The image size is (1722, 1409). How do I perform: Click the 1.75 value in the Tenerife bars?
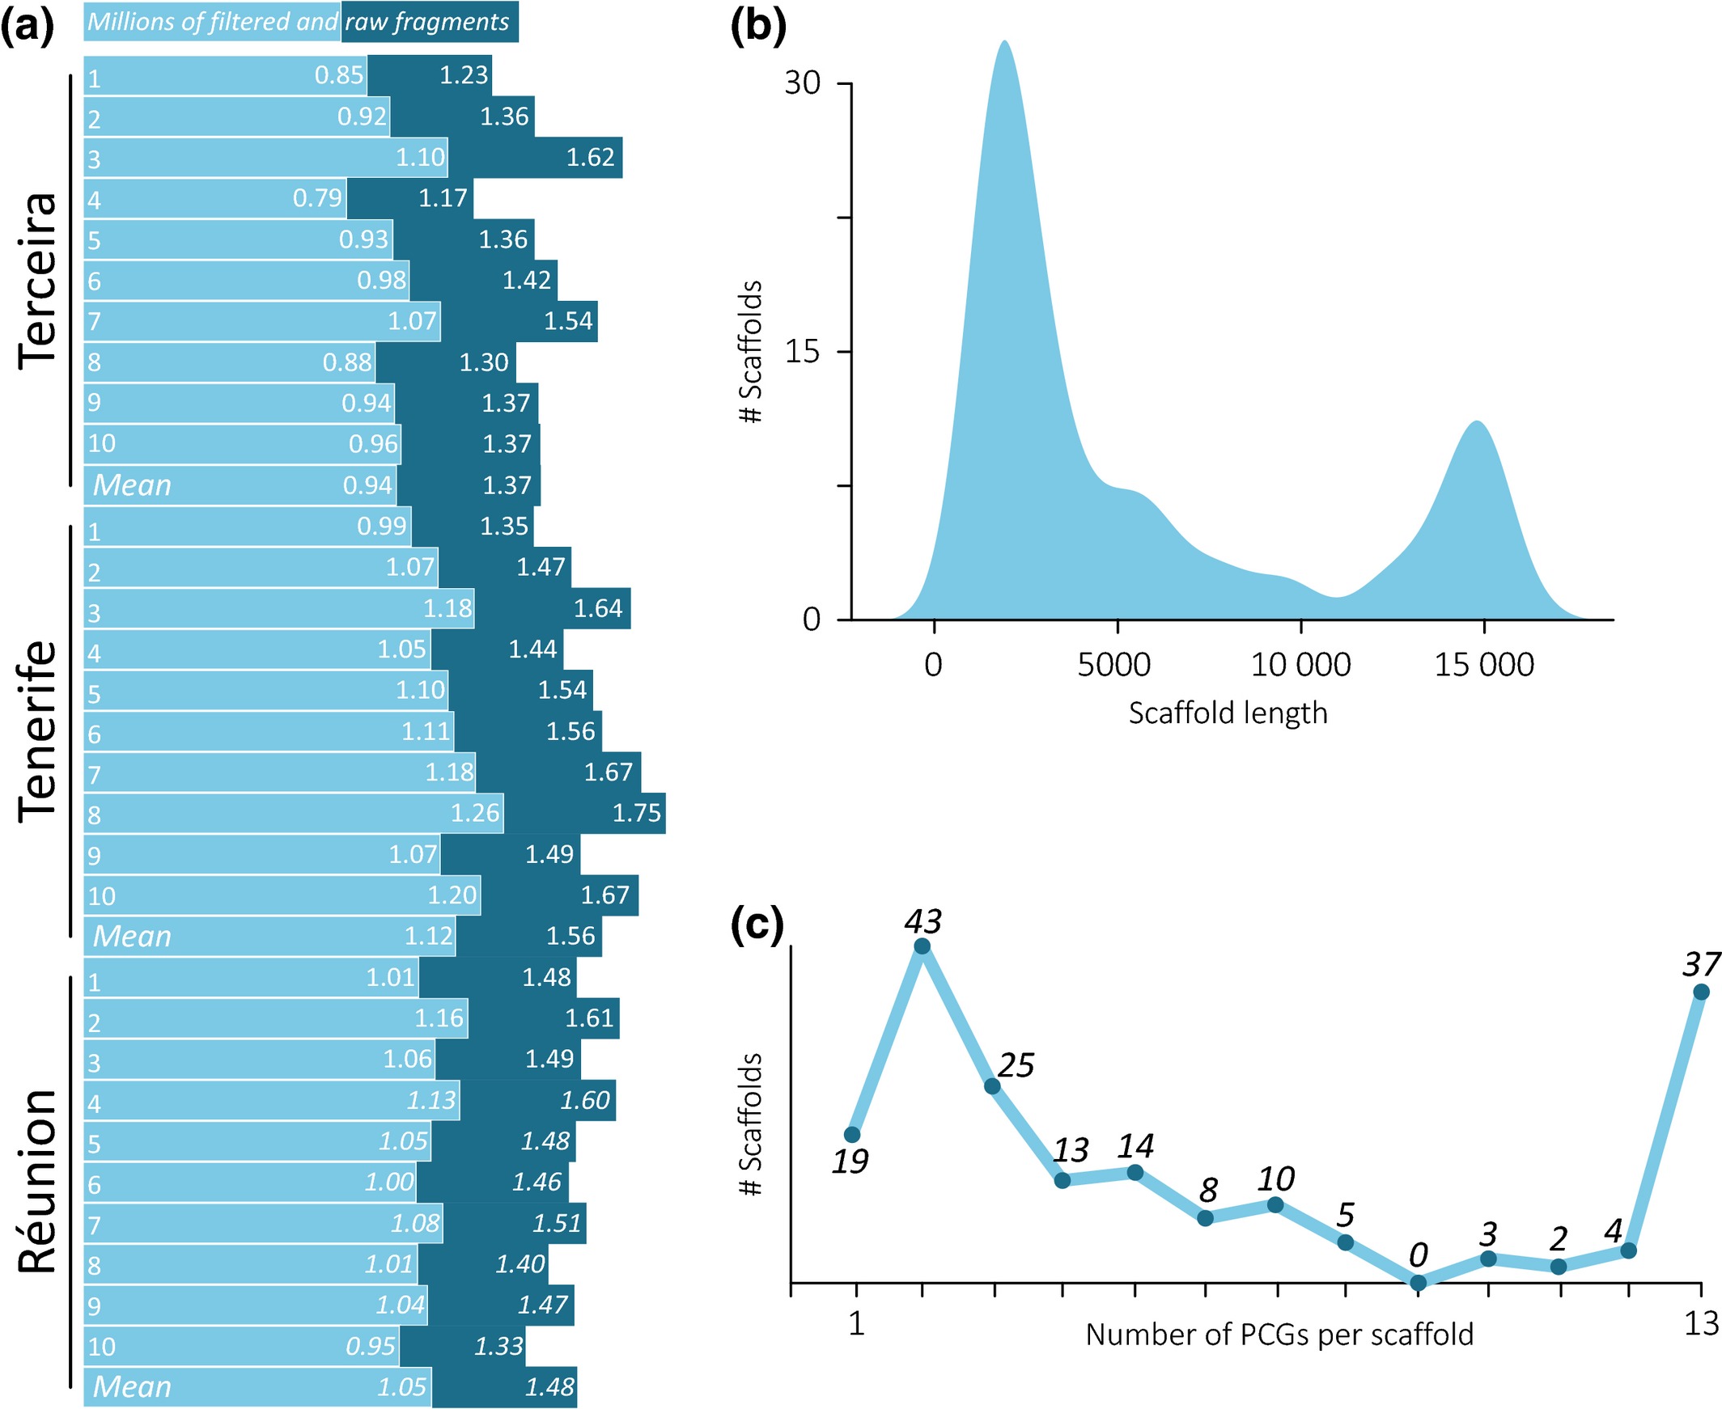pos(637,812)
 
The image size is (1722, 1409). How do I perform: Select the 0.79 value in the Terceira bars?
pos(317,197)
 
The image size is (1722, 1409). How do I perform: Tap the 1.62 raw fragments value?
pos(590,157)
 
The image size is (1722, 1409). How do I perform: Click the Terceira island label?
pos(38,281)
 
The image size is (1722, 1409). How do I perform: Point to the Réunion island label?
pos(38,1181)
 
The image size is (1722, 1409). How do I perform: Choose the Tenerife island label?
pos(38,731)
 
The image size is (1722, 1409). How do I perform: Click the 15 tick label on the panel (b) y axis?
pos(803,351)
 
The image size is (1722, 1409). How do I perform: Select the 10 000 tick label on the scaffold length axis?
pos(1300,665)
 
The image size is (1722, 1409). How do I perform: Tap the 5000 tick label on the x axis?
pos(1115,665)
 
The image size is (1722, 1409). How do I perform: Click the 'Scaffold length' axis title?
pos(1228,713)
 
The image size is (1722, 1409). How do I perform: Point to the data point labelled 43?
pos(922,946)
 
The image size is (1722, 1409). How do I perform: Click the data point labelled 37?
pos(1701,992)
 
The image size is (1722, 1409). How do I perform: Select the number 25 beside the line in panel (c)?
pos(1016,1066)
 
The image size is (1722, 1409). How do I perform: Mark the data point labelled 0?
pos(1418,1283)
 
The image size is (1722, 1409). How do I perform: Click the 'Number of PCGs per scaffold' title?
pos(1279,1335)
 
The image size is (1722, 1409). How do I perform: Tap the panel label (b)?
pos(758,27)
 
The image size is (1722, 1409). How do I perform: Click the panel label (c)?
pos(757,925)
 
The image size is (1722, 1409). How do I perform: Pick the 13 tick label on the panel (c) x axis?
pos(1701,1324)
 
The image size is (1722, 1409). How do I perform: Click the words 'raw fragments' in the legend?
pos(427,22)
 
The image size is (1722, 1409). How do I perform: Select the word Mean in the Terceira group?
pos(133,485)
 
